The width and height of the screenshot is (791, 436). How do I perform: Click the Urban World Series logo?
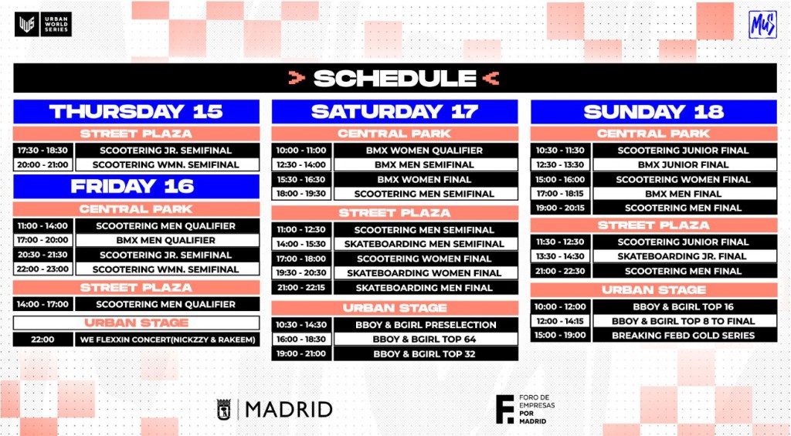(x=43, y=24)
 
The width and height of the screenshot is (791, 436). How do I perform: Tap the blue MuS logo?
(x=762, y=25)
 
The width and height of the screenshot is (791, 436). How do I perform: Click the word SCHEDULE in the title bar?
(x=395, y=78)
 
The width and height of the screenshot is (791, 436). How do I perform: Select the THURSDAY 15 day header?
(x=136, y=111)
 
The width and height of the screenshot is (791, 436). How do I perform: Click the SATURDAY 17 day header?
(x=395, y=111)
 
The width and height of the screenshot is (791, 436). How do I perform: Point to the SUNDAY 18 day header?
(x=654, y=111)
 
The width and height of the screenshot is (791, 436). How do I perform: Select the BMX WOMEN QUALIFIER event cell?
(x=426, y=150)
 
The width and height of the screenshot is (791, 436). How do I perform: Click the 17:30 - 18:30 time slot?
(x=43, y=150)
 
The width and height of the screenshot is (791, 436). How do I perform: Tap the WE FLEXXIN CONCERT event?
(x=168, y=340)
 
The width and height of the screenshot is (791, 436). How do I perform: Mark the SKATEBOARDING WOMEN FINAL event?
(x=426, y=273)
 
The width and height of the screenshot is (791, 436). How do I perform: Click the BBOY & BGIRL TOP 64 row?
(x=395, y=340)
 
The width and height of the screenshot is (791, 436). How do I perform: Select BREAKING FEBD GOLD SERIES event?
(x=684, y=335)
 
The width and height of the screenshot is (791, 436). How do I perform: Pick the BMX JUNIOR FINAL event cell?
(x=684, y=165)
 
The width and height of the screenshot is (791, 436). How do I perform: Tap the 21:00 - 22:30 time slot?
(x=561, y=271)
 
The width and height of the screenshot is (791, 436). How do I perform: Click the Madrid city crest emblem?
(x=224, y=409)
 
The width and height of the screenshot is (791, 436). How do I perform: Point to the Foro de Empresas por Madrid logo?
(x=525, y=409)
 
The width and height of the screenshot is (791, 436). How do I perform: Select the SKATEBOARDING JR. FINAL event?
(x=684, y=256)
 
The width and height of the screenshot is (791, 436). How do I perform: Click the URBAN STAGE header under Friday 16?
(x=136, y=323)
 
